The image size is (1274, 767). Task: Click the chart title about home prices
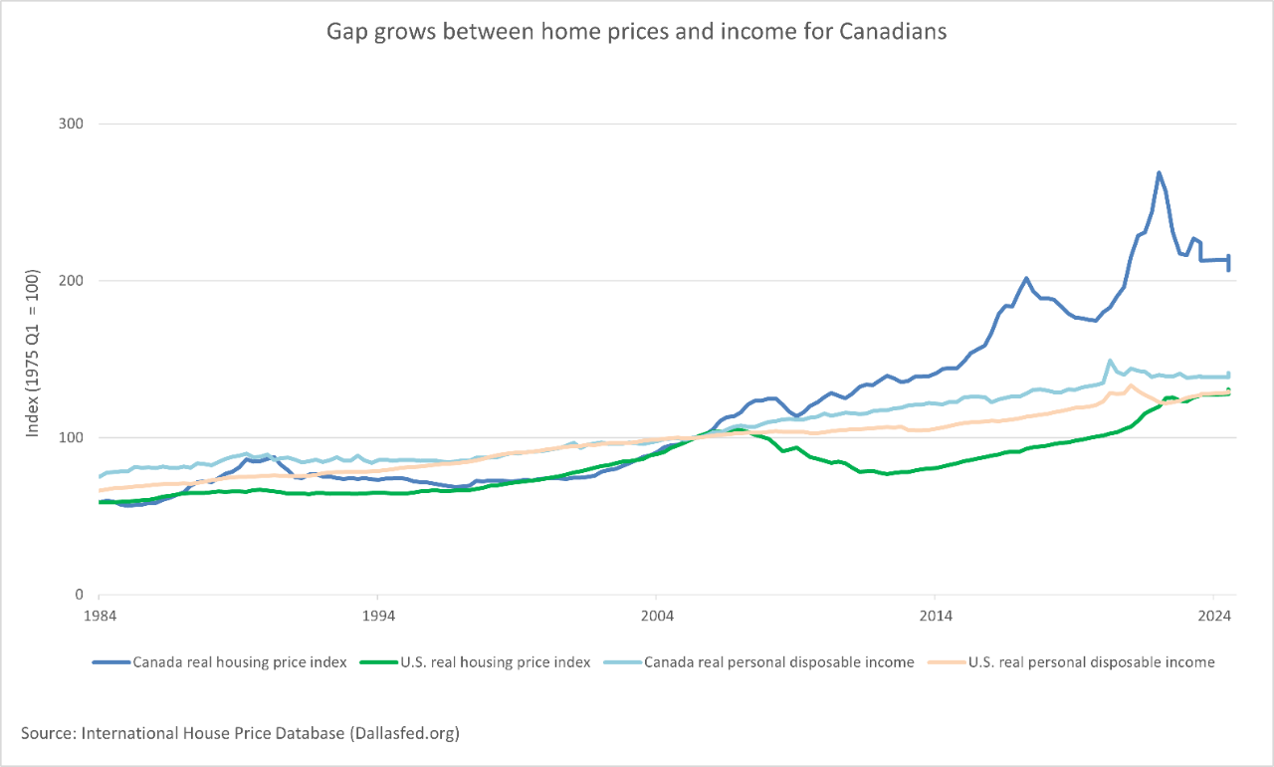tap(637, 32)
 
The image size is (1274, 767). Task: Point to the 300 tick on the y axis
tap(72, 124)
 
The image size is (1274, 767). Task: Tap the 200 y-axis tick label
tap(72, 281)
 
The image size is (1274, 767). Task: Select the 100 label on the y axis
tap(72, 437)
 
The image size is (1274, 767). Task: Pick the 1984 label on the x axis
tap(99, 616)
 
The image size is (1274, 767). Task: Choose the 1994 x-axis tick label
tap(377, 616)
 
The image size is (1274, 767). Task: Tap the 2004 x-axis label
tap(656, 616)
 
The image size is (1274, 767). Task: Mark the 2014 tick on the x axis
tap(935, 616)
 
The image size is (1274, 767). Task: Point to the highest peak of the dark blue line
tap(1159, 172)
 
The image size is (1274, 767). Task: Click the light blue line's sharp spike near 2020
tap(1110, 361)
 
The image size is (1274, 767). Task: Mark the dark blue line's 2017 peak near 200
tap(1026, 279)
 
